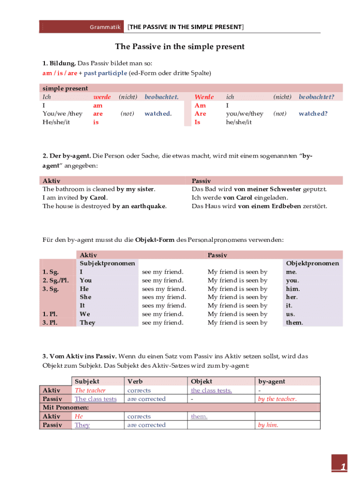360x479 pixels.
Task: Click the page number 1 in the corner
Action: click(343, 467)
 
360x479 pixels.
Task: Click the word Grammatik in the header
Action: click(105, 27)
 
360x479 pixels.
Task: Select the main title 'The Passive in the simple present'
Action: click(180, 47)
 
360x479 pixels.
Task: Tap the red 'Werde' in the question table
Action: click(204, 97)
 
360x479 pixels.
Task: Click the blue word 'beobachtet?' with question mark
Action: click(317, 97)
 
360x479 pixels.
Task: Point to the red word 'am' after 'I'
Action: click(98, 105)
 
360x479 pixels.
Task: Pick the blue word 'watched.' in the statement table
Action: click(158, 114)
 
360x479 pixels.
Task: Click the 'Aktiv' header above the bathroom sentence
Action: click(51, 181)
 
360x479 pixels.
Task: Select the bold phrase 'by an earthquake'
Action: click(139, 206)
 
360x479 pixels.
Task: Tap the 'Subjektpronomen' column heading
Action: click(108, 263)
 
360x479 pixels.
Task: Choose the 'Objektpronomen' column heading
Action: click(312, 263)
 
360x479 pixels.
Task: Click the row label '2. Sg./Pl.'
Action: click(54, 280)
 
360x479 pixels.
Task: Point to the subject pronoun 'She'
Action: click(86, 297)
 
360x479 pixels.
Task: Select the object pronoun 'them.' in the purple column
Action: click(295, 323)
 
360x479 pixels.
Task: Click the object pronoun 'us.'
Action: click(290, 314)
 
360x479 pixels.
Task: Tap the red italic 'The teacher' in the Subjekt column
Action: click(90, 391)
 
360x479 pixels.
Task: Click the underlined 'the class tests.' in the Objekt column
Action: click(211, 391)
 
